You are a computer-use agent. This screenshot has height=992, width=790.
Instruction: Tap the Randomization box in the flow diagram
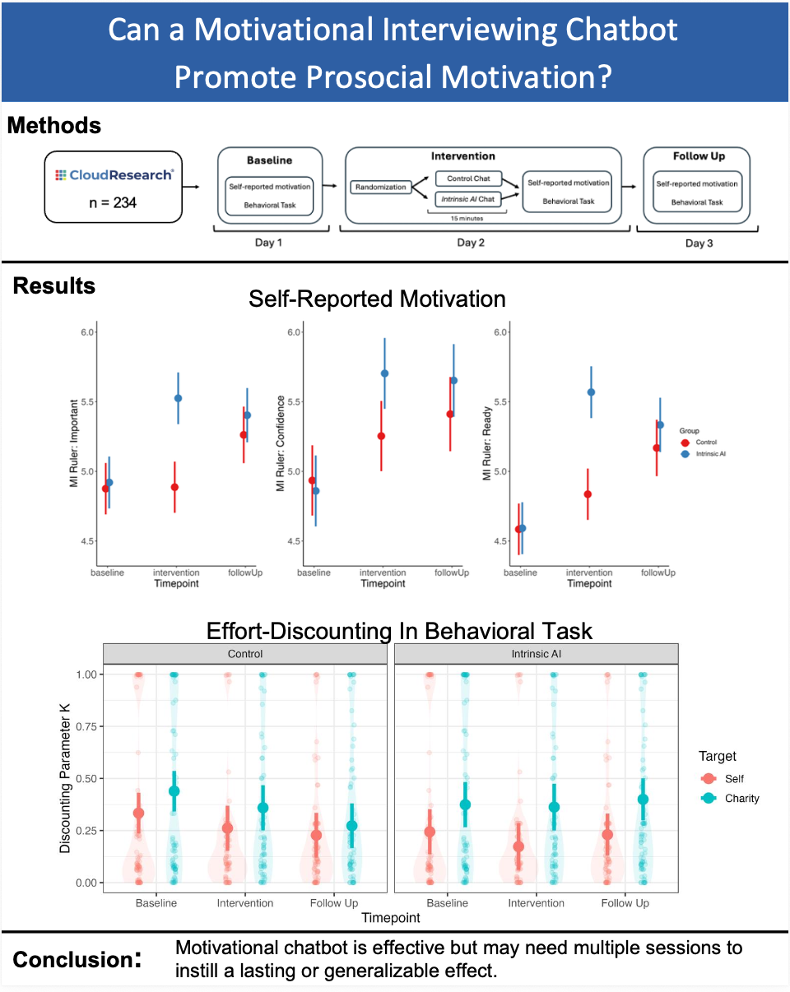pyautogui.click(x=381, y=187)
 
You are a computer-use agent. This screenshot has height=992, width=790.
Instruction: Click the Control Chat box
pyautogui.click(x=468, y=178)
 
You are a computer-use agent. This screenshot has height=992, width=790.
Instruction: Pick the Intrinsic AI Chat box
pyautogui.click(x=468, y=197)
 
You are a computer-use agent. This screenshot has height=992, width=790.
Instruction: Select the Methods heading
pyautogui.click(x=54, y=126)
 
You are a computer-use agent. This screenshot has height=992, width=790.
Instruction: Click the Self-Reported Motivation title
pyautogui.click(x=377, y=299)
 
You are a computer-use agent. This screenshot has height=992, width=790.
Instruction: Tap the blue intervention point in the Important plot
pyautogui.click(x=178, y=398)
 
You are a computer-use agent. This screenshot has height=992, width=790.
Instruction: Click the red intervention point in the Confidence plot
pyautogui.click(x=381, y=436)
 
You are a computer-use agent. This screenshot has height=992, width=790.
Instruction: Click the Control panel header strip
pyautogui.click(x=245, y=653)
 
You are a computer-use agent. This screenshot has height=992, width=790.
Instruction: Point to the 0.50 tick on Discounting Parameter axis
pyautogui.click(x=88, y=778)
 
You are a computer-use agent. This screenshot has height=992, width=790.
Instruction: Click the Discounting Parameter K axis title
pyautogui.click(x=67, y=777)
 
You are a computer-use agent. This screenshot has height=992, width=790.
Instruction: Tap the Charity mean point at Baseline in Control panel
pyautogui.click(x=174, y=790)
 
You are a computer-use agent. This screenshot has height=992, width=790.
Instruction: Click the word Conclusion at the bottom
pyautogui.click(x=72, y=960)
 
